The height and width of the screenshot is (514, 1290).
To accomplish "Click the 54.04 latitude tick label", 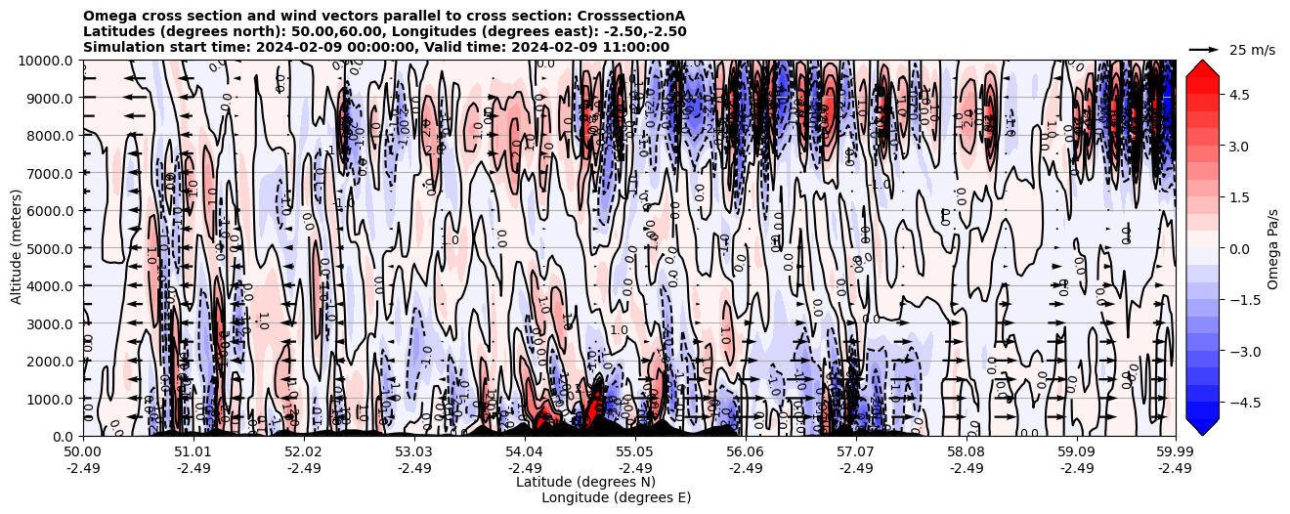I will coord(525,452).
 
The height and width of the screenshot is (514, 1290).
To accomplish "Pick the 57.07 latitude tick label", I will coord(856,452).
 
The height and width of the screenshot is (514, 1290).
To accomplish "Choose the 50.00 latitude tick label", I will coord(83,452).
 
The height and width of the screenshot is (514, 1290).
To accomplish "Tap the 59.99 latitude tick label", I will coord(1175,452).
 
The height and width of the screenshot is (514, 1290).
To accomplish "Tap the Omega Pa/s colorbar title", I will coord(1273,248).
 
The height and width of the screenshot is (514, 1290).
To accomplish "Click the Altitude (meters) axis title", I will coord(17,248).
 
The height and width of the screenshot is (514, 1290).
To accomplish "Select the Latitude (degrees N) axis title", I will coord(585,482).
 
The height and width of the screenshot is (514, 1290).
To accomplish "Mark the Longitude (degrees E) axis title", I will coord(616,497).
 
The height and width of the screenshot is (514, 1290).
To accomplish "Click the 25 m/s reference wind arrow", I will coord(1204,49).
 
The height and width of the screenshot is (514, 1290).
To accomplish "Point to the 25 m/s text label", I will coord(1252,50).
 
